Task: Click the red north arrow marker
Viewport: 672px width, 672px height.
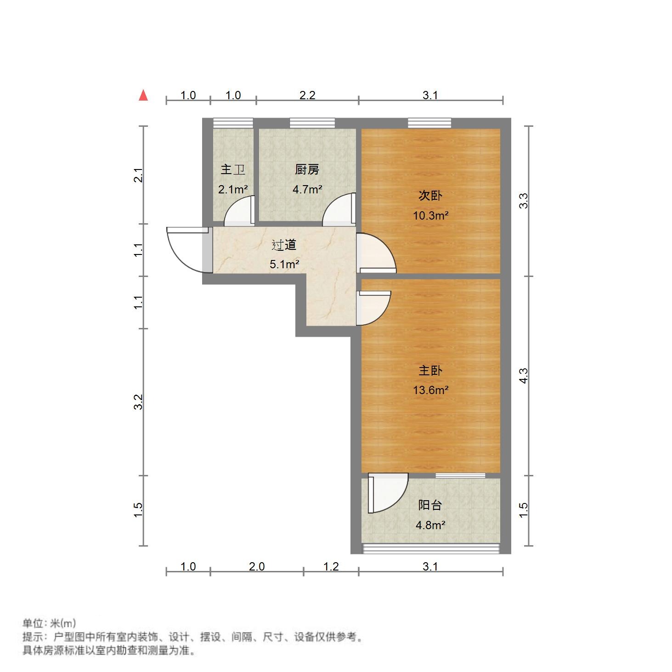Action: [x=143, y=95]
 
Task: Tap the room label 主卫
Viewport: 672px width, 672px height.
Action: [x=233, y=169]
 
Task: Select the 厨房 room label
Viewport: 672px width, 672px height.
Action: [x=307, y=169]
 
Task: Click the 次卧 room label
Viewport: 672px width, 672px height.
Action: [x=430, y=196]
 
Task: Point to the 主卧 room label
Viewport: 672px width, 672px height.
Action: [x=430, y=370]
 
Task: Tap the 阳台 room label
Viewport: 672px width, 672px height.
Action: [x=430, y=505]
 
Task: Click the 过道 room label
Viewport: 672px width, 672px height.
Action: [x=284, y=245]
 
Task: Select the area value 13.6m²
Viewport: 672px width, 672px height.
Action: [x=430, y=390]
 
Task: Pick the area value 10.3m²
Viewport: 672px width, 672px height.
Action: [x=430, y=215]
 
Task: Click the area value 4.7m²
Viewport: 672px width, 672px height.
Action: [x=307, y=189]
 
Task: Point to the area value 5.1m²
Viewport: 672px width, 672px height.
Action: [x=284, y=264]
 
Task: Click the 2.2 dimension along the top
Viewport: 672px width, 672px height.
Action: [x=307, y=95]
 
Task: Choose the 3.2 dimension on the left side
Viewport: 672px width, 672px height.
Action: [x=138, y=402]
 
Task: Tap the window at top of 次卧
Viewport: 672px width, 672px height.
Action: [x=429, y=123]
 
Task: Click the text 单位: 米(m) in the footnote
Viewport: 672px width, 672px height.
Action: [x=49, y=623]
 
